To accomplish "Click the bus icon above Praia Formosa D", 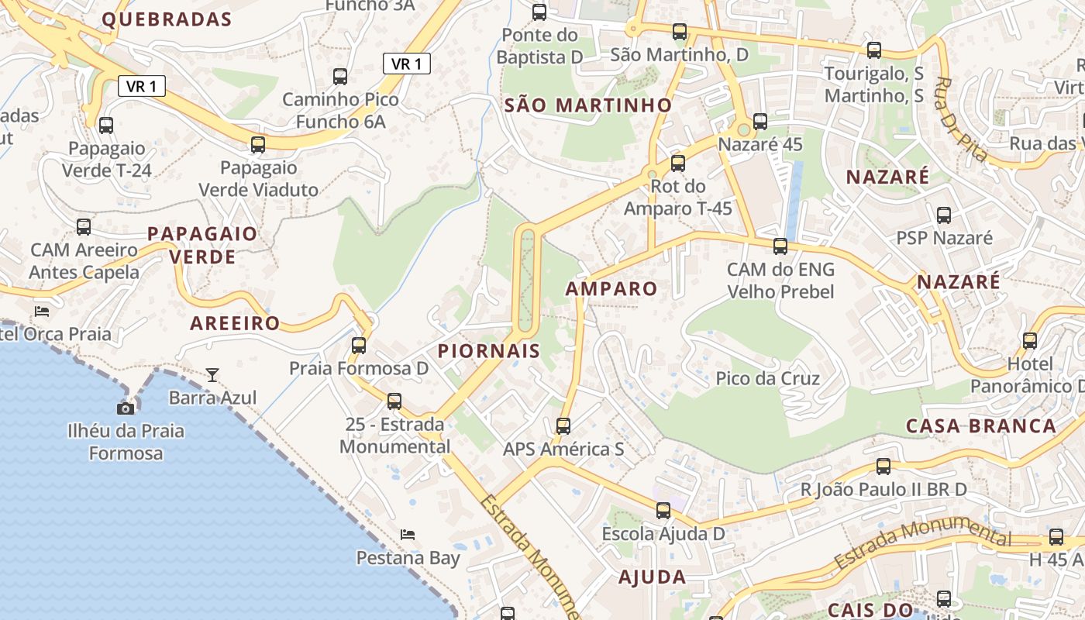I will (359, 345).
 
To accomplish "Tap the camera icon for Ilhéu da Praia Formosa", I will (126, 408).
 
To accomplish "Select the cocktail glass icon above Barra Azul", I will (212, 375).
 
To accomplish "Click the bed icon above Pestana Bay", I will (408, 534).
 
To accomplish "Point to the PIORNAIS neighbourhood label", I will (489, 350).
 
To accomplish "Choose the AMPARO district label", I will (611, 289).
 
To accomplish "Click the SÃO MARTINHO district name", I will (588, 105).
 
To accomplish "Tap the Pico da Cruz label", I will (768, 379).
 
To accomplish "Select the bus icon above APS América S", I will (563, 425).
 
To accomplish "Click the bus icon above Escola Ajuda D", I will (663, 510).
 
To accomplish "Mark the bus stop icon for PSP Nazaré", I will (944, 215).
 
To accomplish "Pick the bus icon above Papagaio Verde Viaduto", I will (258, 144).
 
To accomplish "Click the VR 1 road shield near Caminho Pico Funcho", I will (407, 64).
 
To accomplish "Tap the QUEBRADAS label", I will (167, 19).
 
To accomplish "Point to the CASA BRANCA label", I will (981, 425).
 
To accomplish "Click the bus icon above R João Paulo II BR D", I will (883, 466).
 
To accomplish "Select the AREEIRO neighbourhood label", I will (235, 323).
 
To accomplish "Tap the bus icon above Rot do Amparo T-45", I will (678, 163).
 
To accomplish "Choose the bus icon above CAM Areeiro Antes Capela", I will (84, 226).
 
